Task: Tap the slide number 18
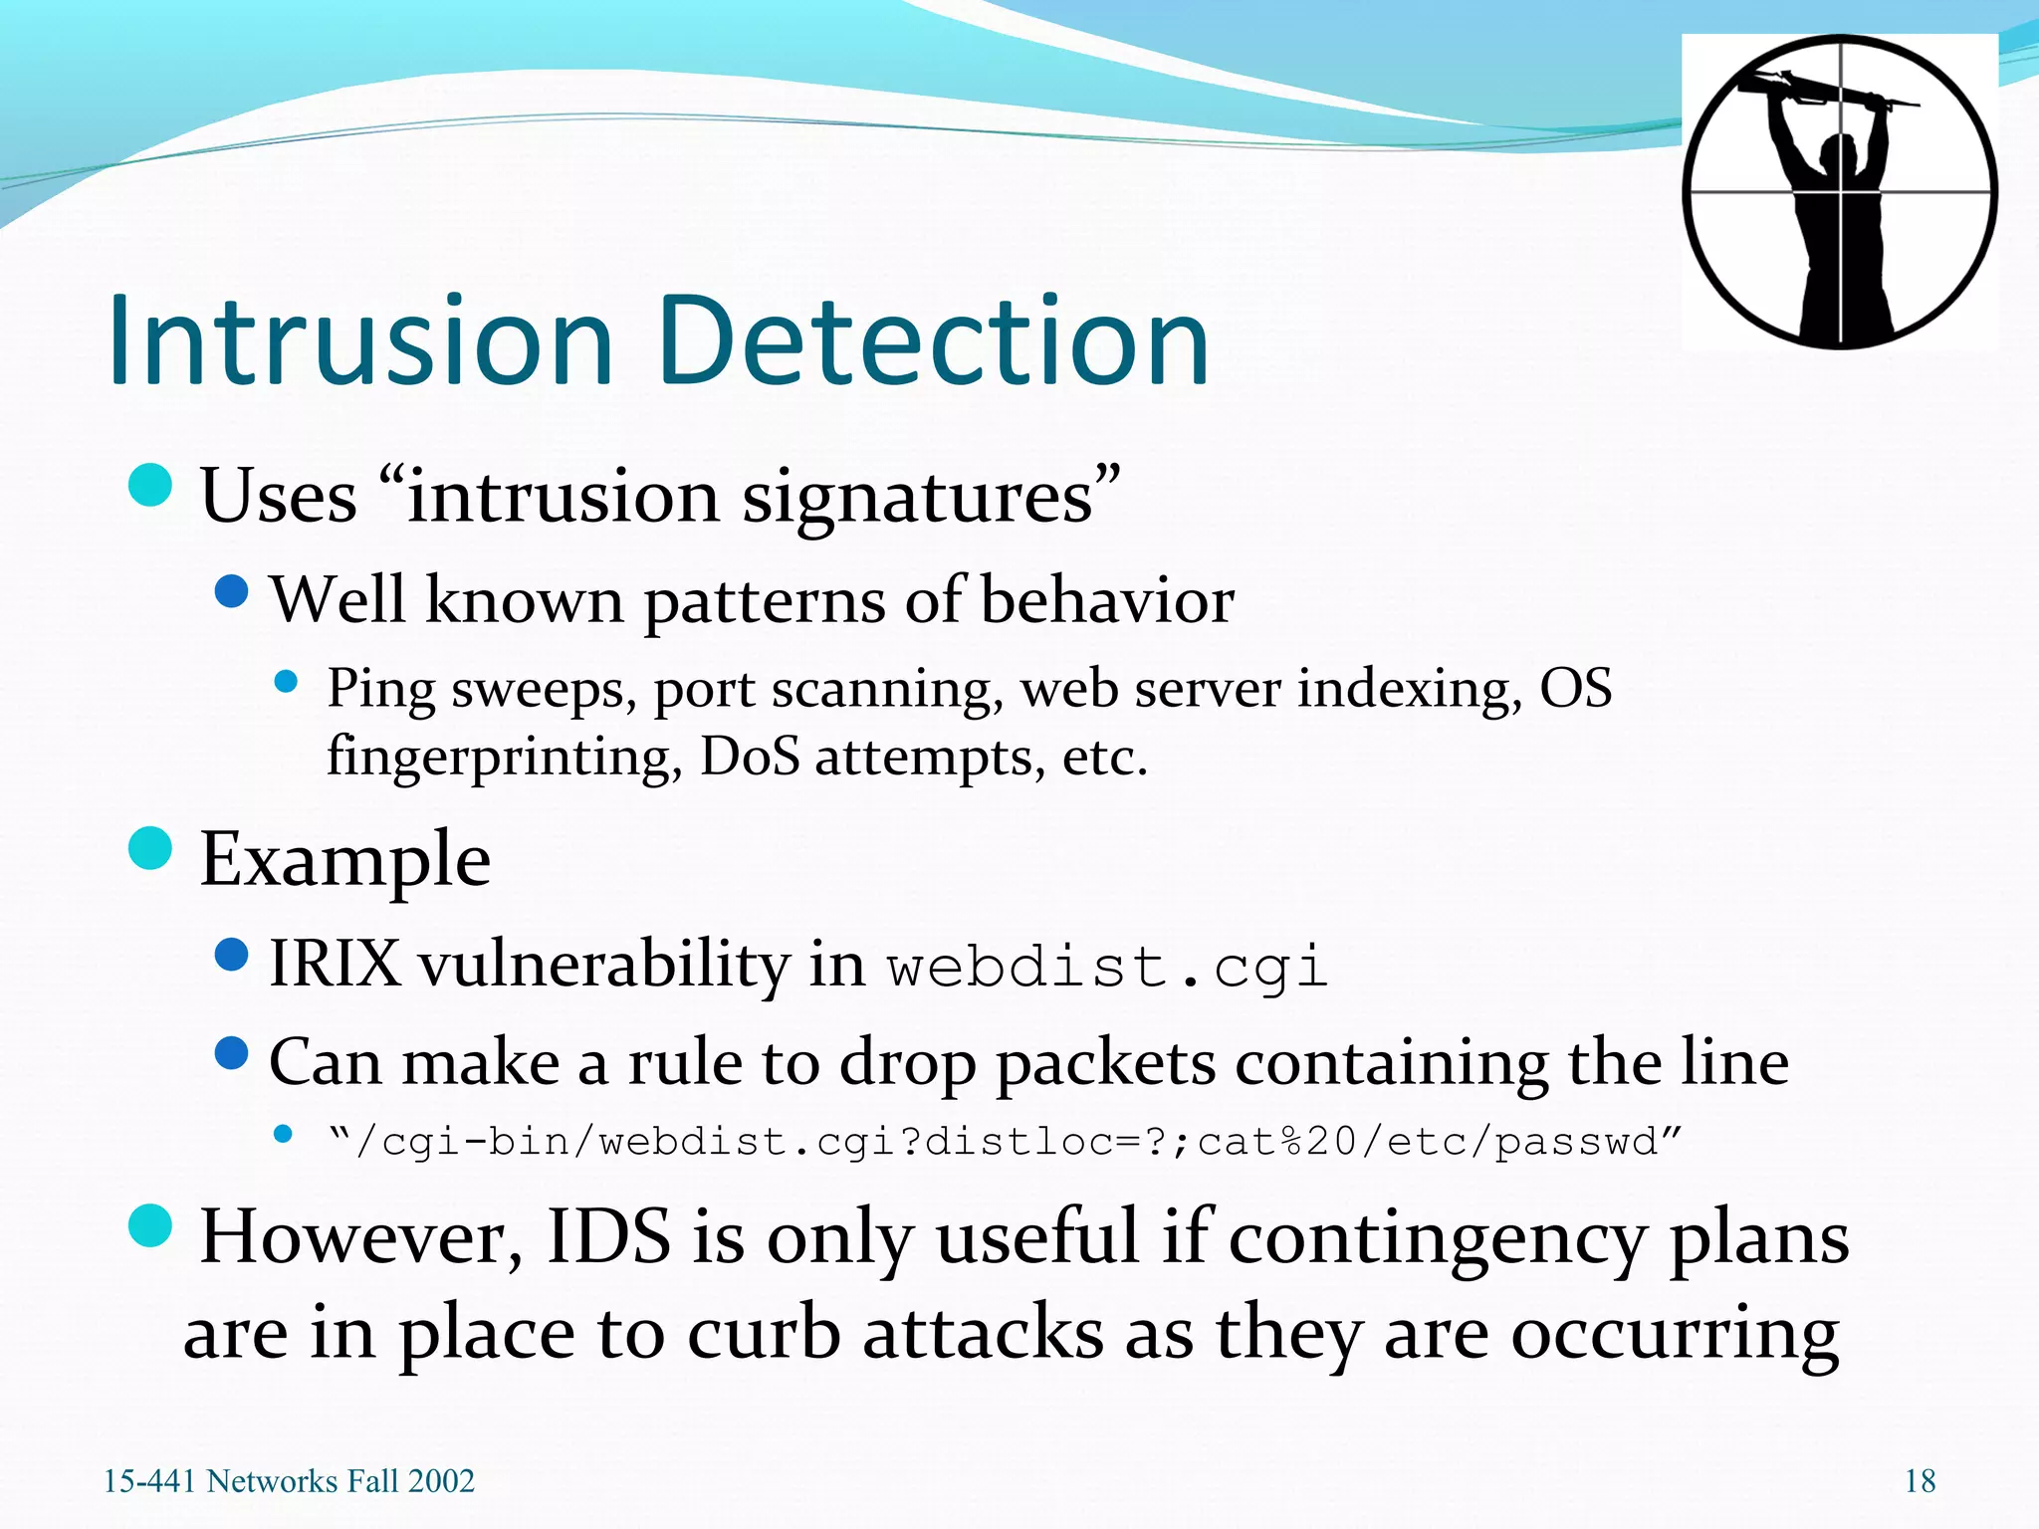1920,1481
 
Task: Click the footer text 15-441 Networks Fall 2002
289,1481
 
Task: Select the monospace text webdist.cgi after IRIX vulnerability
1107,967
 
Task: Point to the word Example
344,859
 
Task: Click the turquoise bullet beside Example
151,848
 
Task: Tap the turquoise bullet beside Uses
151,485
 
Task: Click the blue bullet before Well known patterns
232,591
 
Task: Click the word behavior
1106,600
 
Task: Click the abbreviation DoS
749,757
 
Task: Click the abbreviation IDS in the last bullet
608,1236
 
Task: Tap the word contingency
1437,1240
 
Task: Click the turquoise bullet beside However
151,1224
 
